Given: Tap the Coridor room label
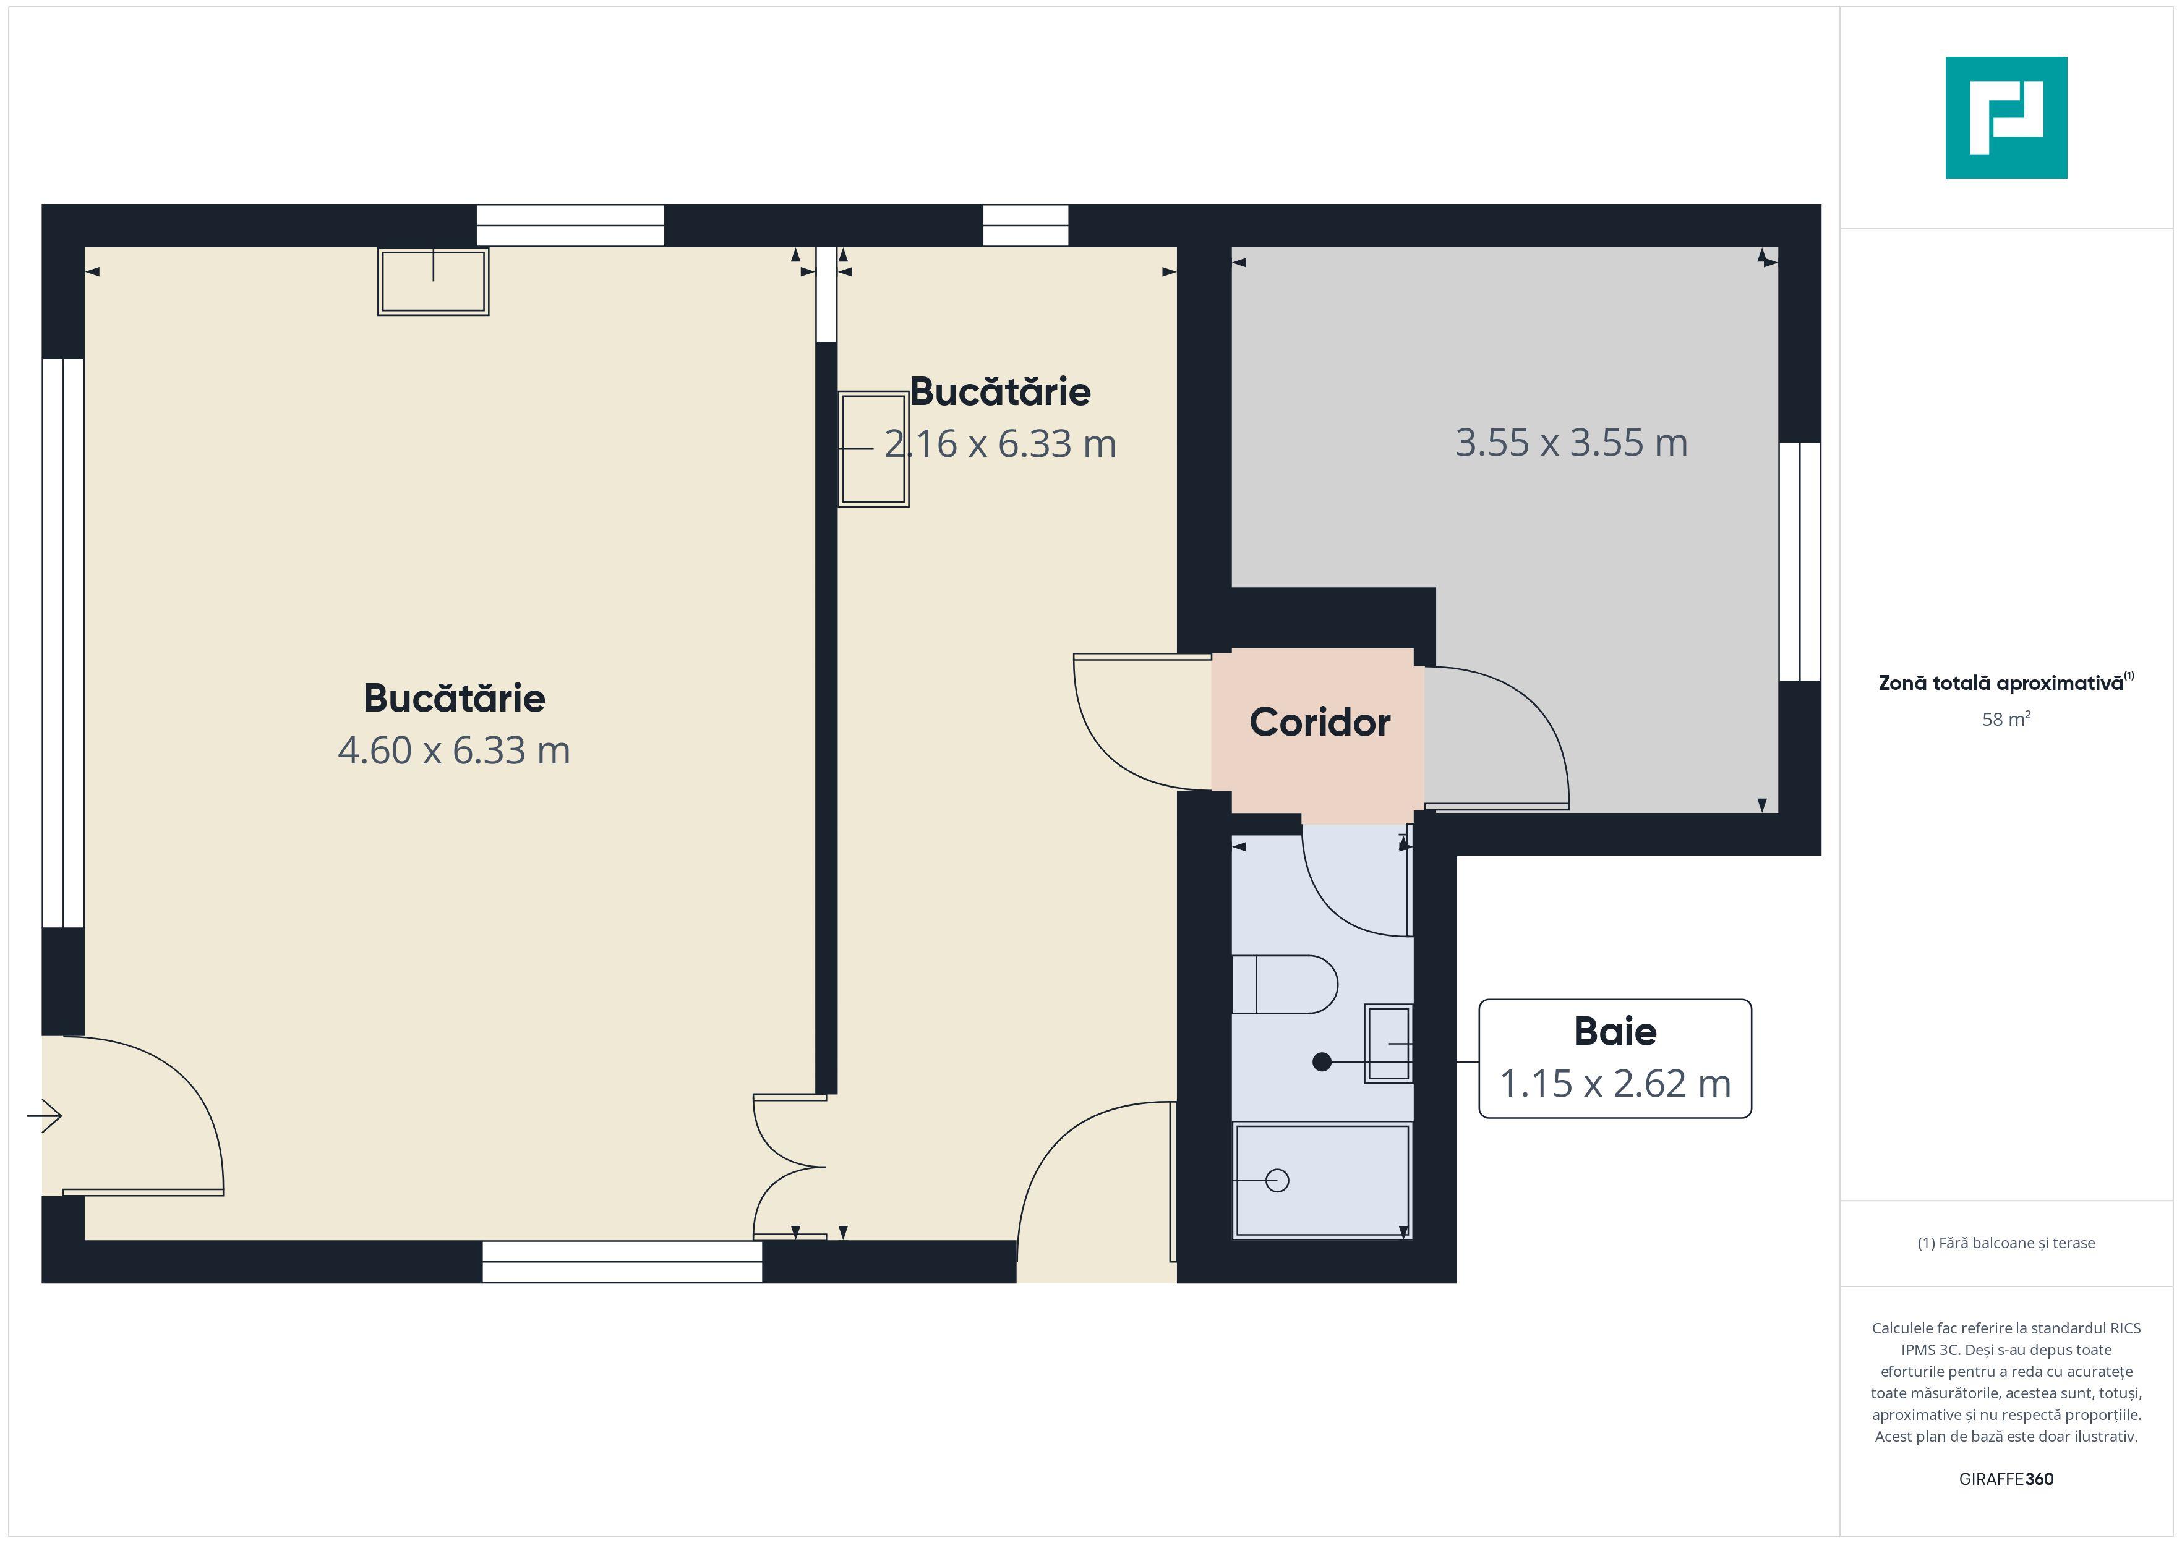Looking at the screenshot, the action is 1319,722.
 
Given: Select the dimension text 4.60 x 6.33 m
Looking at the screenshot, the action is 454,750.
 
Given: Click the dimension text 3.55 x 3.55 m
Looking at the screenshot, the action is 1571,443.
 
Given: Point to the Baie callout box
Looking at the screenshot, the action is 1615,1058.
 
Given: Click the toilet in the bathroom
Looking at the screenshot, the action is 1285,984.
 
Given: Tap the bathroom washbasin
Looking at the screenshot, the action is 1388,1044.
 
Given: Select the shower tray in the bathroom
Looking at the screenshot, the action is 1322,1180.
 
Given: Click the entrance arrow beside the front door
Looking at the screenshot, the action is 44,1115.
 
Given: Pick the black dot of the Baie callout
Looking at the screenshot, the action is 1321,1062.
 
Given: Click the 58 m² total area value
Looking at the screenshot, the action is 2006,718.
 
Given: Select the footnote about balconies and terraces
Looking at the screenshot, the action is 2006,1243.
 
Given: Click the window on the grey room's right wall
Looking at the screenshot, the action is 1800,561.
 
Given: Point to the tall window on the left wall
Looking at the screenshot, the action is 64,644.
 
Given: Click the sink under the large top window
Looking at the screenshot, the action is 434,281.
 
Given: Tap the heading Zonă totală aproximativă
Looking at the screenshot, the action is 2006,682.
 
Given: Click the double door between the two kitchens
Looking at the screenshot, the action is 790,1167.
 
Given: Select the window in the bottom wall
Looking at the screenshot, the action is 622,1262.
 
